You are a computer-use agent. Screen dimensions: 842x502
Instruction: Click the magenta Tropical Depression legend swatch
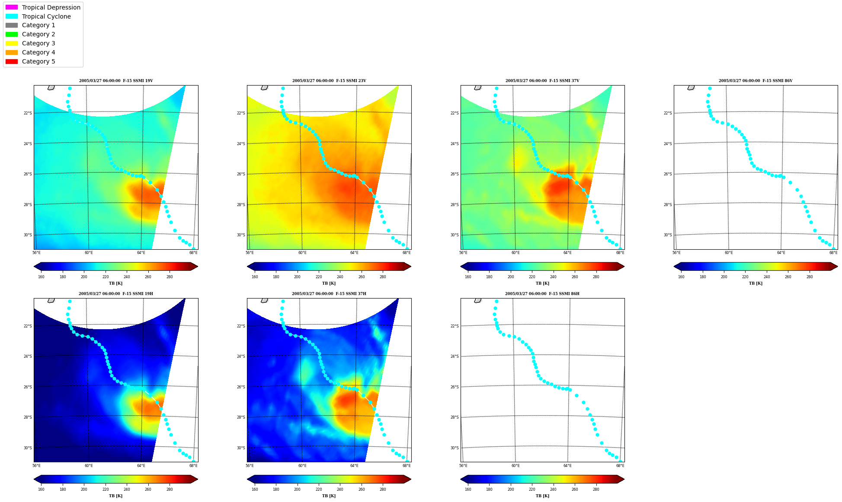[12, 7]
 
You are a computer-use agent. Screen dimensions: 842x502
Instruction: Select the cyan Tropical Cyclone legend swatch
[12, 16]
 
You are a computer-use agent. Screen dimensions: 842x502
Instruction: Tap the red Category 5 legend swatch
[12, 61]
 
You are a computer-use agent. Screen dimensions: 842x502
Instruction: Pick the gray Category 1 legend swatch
[12, 25]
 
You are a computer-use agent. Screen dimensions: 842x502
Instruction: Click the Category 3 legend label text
[38, 43]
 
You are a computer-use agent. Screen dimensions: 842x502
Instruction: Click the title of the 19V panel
[116, 81]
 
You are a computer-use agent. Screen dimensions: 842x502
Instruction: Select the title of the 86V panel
[756, 81]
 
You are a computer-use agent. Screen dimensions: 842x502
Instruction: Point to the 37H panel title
[329, 294]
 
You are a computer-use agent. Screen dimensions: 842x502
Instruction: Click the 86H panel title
[542, 294]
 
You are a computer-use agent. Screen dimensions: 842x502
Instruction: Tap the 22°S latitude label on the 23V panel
[241, 113]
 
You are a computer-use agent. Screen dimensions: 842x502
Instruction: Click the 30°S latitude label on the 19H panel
[28, 448]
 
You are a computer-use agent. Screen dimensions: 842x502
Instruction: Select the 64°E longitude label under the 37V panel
[567, 253]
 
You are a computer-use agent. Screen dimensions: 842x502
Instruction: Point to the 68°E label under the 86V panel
[833, 253]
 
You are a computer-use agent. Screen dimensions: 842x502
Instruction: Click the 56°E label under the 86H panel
[463, 466]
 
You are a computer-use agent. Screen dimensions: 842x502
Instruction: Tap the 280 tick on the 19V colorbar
[170, 277]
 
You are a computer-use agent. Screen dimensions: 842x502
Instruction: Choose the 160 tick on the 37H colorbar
[255, 490]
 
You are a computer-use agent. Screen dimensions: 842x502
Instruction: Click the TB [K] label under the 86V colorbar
[756, 283]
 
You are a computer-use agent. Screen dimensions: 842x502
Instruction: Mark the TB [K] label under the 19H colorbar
[115, 496]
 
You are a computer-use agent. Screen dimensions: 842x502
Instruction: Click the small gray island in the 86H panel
[477, 300]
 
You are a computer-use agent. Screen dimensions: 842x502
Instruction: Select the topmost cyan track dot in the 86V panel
[710, 89]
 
